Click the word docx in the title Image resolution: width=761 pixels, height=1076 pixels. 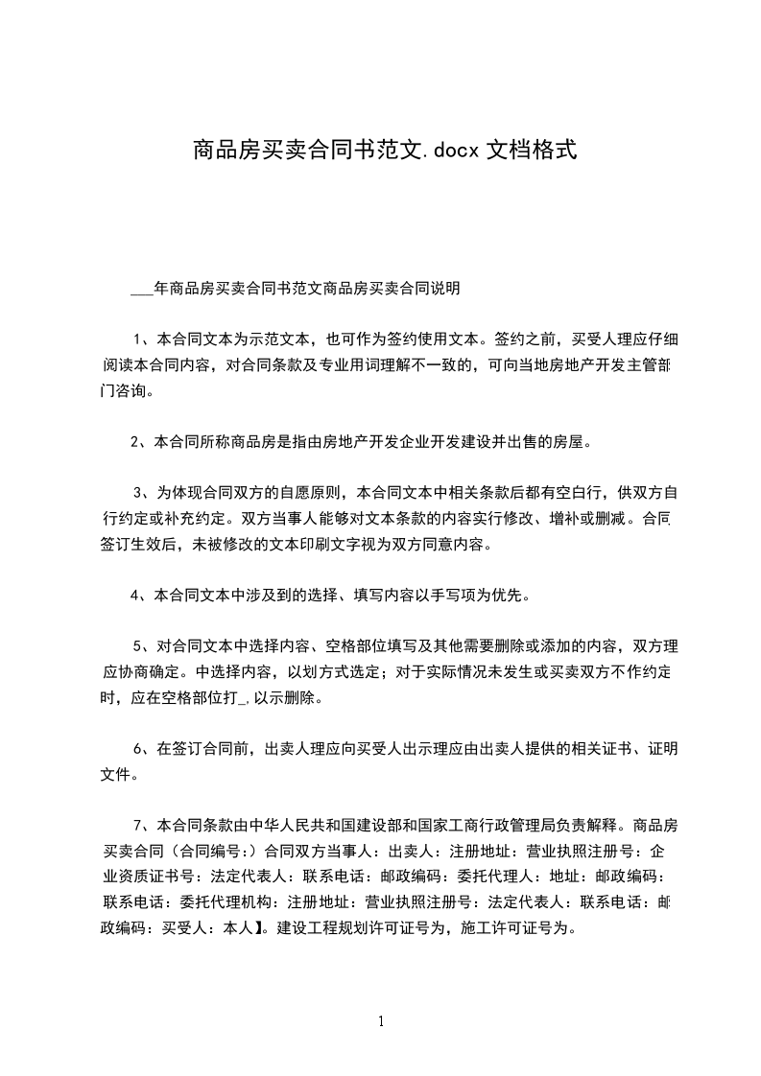[x=451, y=150]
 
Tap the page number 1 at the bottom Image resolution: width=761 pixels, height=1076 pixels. [x=381, y=1021]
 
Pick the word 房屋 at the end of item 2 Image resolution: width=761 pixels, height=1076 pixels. [x=565, y=442]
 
